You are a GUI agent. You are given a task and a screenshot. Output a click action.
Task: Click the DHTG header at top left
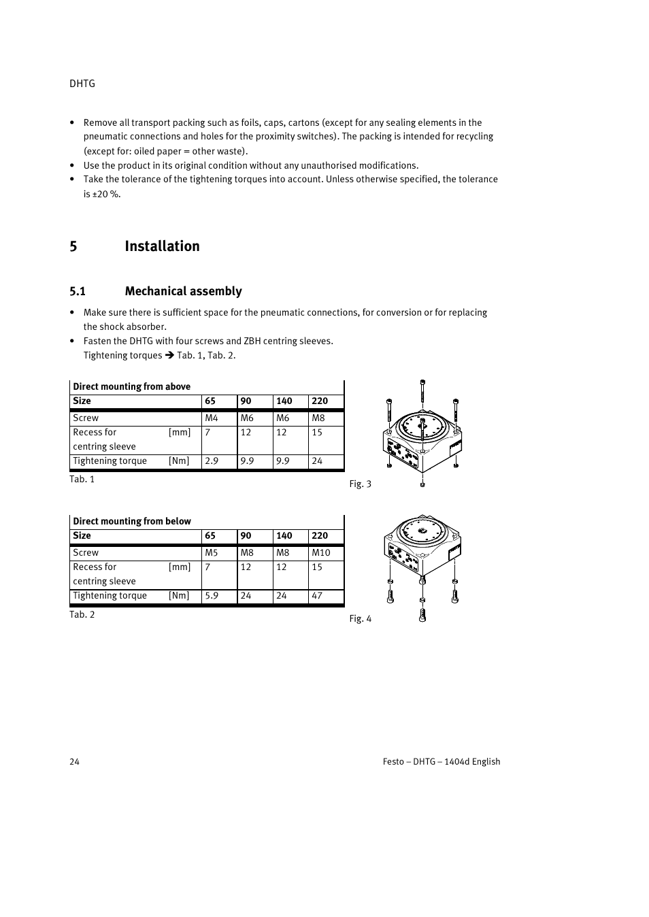click(x=82, y=84)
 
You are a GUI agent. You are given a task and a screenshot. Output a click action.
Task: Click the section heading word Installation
click(x=162, y=246)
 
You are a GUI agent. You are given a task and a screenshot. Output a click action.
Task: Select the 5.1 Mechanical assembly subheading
click(x=156, y=291)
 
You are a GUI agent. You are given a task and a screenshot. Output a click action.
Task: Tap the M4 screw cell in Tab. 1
click(x=212, y=418)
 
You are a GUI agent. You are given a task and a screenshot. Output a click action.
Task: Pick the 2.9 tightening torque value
click(x=212, y=461)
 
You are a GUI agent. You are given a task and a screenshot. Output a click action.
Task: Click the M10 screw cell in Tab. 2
click(x=320, y=553)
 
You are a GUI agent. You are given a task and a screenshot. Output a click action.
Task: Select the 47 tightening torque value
click(x=317, y=596)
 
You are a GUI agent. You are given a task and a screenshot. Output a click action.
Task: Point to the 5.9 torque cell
click(x=212, y=596)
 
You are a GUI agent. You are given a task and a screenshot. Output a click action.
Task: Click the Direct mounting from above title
click(x=131, y=386)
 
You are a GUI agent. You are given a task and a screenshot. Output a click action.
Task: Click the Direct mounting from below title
click(x=131, y=521)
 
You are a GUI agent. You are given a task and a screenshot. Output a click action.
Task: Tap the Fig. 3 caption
click(x=360, y=484)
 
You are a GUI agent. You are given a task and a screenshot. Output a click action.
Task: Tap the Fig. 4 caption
click(x=360, y=619)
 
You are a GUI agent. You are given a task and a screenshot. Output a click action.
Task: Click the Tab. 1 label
click(x=82, y=480)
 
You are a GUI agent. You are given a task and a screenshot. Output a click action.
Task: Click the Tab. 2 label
click(x=82, y=615)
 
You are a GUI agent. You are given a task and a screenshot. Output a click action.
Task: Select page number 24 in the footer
click(x=74, y=762)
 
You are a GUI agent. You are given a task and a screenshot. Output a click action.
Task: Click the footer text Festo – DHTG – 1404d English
click(x=441, y=762)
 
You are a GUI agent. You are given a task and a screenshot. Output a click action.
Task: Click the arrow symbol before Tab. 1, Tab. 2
click(x=170, y=355)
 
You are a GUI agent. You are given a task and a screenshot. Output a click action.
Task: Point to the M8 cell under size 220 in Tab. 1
click(x=318, y=418)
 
